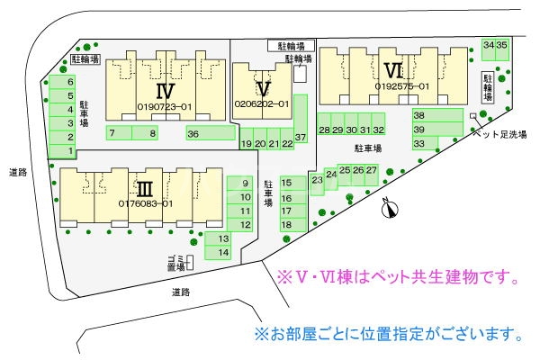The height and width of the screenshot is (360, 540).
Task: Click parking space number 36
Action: tap(193, 133)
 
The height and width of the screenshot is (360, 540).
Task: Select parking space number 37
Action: tap(301, 137)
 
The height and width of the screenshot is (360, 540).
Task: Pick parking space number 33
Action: tap(418, 143)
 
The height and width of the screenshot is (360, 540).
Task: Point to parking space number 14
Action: tap(223, 253)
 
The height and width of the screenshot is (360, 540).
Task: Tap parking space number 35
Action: tap(502, 44)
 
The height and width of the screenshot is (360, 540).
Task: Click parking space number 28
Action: tap(324, 130)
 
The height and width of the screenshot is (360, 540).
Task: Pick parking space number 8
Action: tap(153, 133)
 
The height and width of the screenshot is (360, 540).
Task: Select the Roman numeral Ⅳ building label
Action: tap(164, 90)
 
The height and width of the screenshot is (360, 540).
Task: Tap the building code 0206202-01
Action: tap(262, 104)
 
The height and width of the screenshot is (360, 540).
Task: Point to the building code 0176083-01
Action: tap(145, 203)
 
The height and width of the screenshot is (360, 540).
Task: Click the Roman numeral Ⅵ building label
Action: tap(392, 70)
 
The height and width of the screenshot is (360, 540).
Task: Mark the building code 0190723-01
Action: tap(165, 106)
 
